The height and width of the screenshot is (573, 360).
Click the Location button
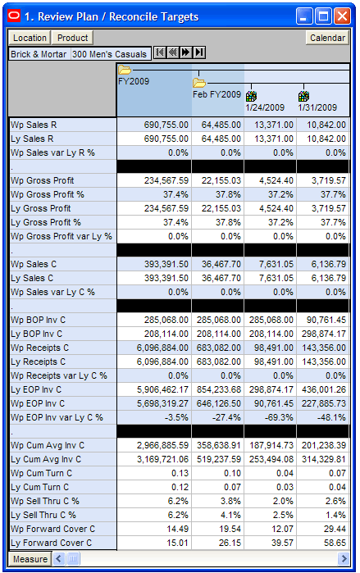[30, 38]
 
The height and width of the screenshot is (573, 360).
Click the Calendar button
[327, 38]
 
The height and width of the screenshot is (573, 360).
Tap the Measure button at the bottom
[30, 559]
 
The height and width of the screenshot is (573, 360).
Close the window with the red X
[342, 17]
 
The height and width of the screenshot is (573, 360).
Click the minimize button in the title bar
[304, 17]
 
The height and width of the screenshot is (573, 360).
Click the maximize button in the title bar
[323, 17]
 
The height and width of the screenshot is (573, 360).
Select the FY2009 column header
[134, 81]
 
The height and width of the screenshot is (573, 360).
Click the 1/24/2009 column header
[265, 107]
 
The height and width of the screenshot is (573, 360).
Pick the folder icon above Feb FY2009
[199, 83]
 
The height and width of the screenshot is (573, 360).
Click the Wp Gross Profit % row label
[48, 194]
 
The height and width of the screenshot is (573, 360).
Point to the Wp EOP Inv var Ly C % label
[57, 417]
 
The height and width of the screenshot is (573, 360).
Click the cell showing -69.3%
[270, 417]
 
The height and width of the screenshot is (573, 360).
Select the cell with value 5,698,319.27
[154, 403]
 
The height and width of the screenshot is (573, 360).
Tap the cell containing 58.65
[323, 543]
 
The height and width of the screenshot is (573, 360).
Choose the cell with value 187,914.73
[270, 445]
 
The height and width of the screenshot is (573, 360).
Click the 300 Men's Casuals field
[110, 54]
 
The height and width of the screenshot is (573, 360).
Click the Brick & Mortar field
[39, 54]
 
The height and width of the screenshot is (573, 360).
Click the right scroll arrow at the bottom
[344, 559]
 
